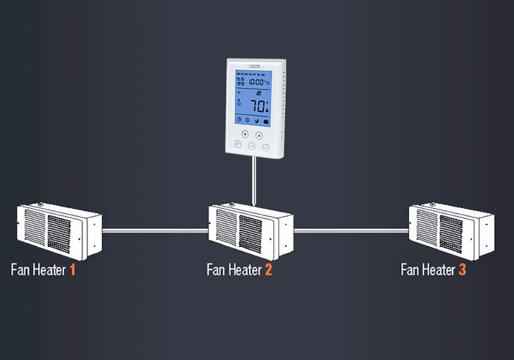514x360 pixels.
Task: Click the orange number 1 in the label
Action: [72, 269]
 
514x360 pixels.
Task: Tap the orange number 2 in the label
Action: [268, 269]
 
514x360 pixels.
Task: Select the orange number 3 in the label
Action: [462, 269]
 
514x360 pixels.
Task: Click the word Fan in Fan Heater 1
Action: [20, 269]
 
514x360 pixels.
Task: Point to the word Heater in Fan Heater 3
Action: [437, 269]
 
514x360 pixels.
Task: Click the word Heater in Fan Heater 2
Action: [243, 269]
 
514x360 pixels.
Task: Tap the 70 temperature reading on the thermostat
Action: [258, 106]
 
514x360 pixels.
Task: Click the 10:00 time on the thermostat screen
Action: [256, 82]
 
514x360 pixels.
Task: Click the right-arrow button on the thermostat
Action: [252, 146]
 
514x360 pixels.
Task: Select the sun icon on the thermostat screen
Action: [247, 121]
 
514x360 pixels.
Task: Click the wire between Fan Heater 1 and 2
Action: [154, 231]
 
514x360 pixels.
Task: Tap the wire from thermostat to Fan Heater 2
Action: [253, 180]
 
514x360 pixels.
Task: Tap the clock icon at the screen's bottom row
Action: [238, 121]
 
